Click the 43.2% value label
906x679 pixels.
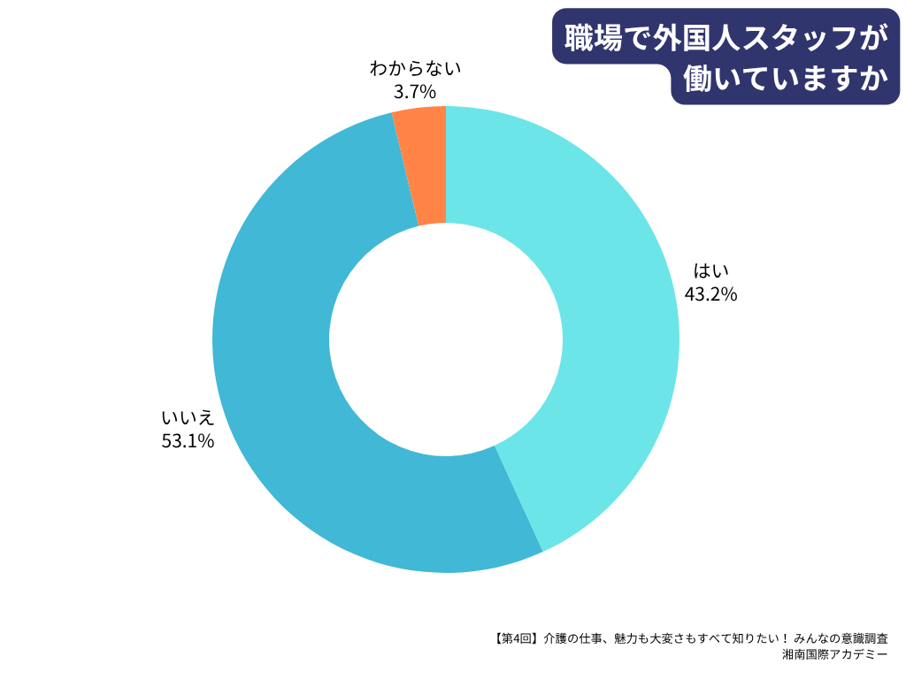point(710,294)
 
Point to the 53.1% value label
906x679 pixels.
point(188,441)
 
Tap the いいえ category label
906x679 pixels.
point(188,418)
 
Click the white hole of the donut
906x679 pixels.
point(446,339)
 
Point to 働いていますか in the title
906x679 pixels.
point(785,80)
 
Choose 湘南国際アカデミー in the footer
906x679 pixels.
point(835,655)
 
